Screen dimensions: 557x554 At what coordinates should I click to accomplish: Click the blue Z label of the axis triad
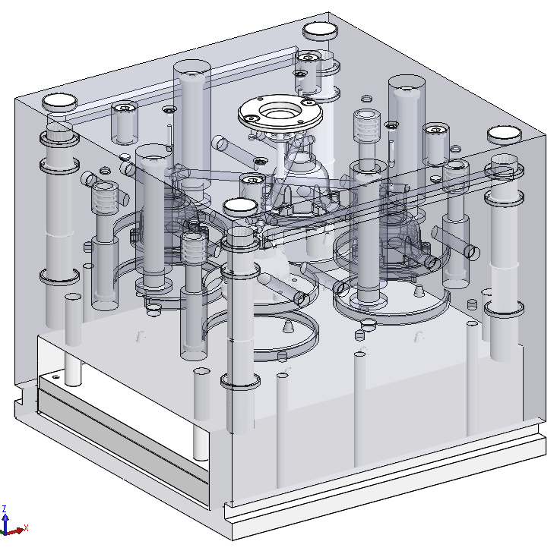[5, 509]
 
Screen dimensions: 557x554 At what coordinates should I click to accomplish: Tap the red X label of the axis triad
[26, 527]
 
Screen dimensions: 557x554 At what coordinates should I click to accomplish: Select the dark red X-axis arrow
[15, 531]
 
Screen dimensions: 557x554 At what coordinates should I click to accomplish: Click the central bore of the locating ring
[280, 112]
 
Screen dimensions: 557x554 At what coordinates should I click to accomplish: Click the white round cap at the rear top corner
[320, 30]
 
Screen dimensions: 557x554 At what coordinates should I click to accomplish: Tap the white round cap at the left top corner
[60, 102]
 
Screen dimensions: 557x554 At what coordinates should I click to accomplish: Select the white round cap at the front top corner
[240, 206]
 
